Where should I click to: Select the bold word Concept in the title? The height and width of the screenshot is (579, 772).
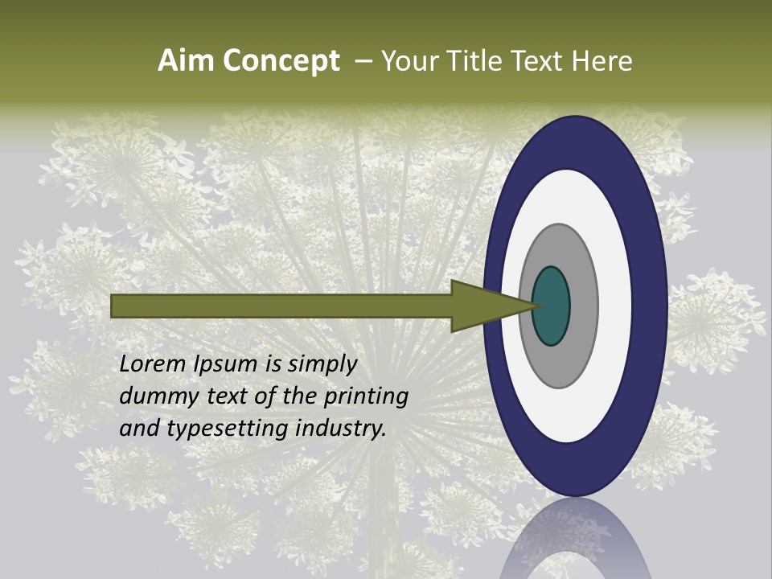pyautogui.click(x=280, y=62)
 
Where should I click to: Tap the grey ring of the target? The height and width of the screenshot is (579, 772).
pyautogui.click(x=583, y=306)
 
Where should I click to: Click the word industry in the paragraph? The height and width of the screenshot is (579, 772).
pyautogui.click(x=341, y=429)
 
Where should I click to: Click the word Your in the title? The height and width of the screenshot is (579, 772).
pyautogui.click(x=409, y=61)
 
